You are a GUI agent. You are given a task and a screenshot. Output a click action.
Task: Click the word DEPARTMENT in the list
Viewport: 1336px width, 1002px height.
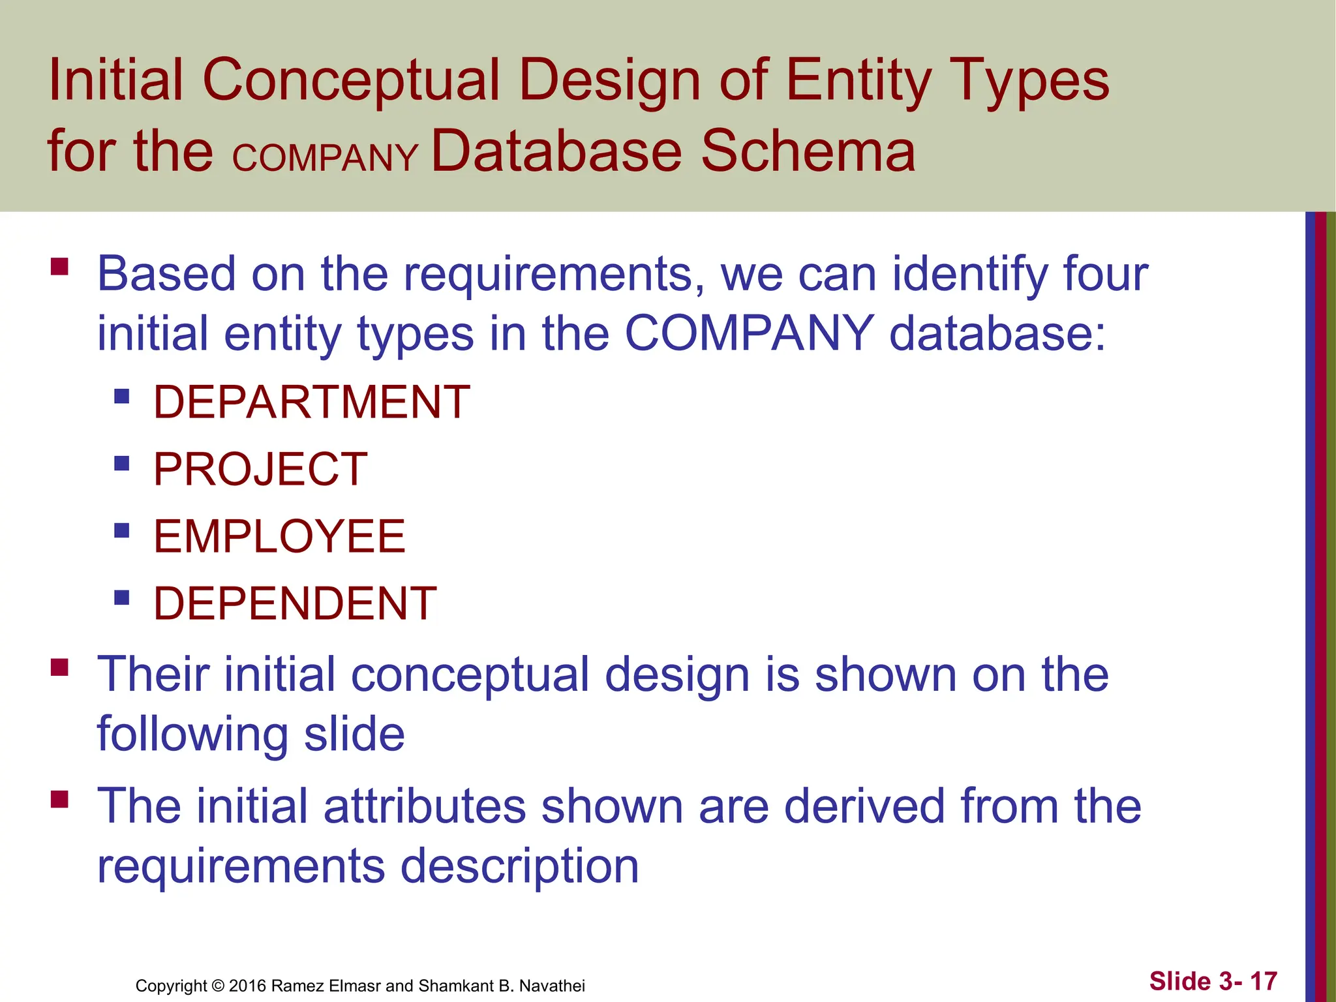click(311, 402)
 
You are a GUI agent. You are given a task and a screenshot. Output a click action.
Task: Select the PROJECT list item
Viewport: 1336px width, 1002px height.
click(260, 470)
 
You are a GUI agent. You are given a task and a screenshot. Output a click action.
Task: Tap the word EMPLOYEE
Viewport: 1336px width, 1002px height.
click(279, 537)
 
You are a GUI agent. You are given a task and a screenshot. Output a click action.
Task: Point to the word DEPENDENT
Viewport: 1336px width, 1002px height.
click(295, 603)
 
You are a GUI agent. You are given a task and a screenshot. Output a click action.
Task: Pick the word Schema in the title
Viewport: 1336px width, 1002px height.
click(808, 151)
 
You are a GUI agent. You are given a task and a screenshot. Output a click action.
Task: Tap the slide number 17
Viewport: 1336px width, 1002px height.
click(1264, 981)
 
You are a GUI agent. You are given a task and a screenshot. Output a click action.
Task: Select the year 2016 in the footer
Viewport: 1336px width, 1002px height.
click(247, 986)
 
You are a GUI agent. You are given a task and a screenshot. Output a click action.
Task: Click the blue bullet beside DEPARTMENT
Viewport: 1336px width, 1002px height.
click(122, 396)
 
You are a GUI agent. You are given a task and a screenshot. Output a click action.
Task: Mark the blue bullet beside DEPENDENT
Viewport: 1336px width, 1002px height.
click(122, 598)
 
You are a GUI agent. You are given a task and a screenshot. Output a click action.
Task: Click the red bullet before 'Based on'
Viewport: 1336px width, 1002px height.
click(59, 267)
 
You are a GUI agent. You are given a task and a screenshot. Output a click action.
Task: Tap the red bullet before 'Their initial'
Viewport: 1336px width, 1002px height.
click(59, 668)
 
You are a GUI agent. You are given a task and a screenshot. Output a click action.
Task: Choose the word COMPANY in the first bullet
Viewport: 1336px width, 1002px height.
click(749, 333)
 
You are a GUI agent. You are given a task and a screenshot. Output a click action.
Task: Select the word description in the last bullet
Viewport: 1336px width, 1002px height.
click(519, 866)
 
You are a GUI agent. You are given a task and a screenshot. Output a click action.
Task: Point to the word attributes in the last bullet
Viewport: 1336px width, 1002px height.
click(424, 806)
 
